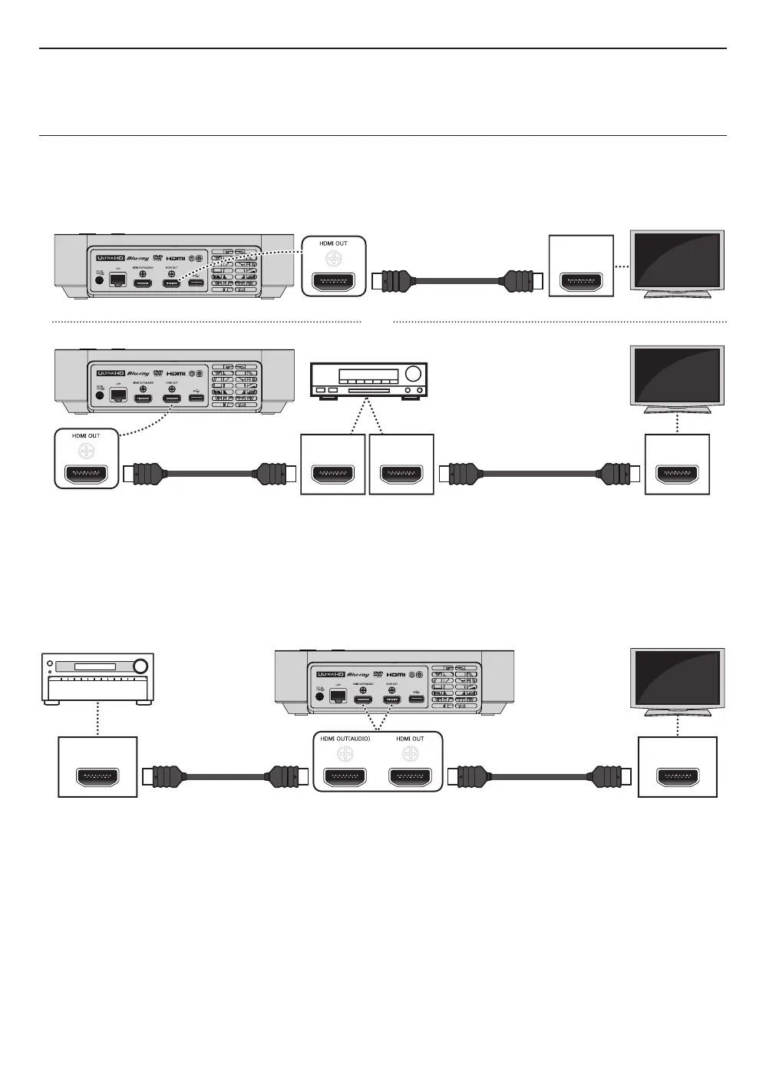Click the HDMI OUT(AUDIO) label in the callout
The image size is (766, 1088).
(345, 739)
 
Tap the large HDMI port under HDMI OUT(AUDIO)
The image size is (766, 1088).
(345, 778)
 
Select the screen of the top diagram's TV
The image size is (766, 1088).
(676, 261)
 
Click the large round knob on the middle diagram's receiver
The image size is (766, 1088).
(414, 375)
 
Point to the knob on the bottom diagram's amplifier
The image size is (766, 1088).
(140, 666)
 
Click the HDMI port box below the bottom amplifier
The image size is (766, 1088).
(98, 777)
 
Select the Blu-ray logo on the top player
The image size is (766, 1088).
(138, 259)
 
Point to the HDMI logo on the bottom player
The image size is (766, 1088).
(397, 674)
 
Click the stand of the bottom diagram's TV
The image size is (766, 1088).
(676, 712)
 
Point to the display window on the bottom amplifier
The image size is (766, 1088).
(89, 666)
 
